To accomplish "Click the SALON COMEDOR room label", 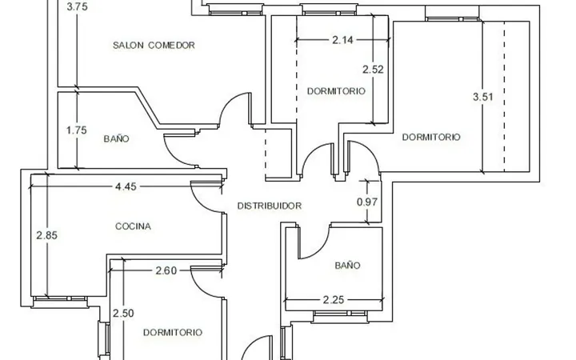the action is (x=154, y=45).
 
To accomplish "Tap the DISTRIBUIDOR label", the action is (x=270, y=206).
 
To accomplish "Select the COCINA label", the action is (x=133, y=226).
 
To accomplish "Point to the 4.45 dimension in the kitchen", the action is (x=126, y=186).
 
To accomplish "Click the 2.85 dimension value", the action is (x=47, y=235).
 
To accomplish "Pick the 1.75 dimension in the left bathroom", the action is (x=77, y=130).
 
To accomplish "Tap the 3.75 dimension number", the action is (x=77, y=6).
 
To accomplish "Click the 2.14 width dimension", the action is (x=342, y=40).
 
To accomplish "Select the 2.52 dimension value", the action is (x=373, y=69).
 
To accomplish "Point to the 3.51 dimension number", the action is (x=482, y=97).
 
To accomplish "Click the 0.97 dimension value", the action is (x=367, y=202).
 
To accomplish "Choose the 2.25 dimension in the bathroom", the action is (x=334, y=300).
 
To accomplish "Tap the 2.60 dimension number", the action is (x=166, y=270).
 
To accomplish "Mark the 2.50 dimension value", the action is (x=123, y=314).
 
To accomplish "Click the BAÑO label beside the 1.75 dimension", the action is (x=117, y=139).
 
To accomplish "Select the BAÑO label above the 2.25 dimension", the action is (x=347, y=266).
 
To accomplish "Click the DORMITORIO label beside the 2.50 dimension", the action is (x=173, y=333).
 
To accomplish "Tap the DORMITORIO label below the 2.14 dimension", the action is (x=336, y=91).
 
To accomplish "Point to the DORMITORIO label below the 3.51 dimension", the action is (x=431, y=137).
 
